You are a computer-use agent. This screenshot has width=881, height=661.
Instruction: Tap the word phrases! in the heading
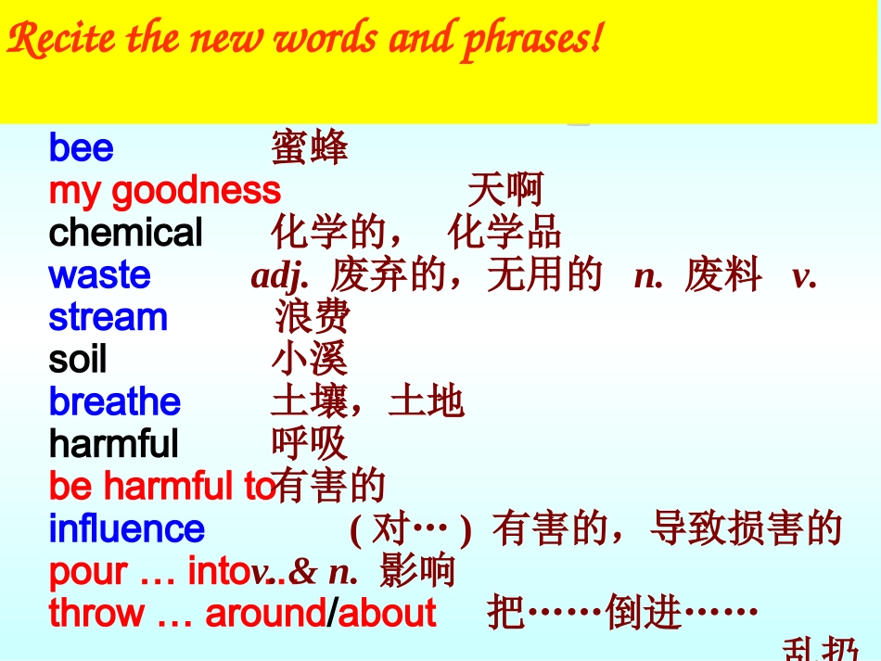(532, 40)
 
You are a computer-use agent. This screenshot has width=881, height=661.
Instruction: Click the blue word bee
(82, 148)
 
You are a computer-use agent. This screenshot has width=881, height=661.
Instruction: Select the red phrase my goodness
(164, 190)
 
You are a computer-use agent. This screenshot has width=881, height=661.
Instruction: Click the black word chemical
(125, 233)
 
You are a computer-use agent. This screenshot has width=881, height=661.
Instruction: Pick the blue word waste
(99, 275)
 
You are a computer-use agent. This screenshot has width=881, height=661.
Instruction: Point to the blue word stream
(108, 318)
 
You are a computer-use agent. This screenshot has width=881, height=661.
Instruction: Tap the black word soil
(78, 360)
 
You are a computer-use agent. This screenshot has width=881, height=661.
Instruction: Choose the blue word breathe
(114, 402)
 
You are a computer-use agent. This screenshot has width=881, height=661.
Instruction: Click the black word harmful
(113, 444)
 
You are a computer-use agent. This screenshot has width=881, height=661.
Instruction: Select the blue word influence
(126, 529)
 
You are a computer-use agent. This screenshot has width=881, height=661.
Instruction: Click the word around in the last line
(265, 614)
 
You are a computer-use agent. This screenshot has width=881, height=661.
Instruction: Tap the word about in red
(388, 614)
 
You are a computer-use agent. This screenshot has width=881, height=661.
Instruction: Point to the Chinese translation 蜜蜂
(310, 148)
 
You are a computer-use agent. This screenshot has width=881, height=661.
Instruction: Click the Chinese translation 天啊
(504, 191)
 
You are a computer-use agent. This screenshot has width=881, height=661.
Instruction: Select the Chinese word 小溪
(310, 360)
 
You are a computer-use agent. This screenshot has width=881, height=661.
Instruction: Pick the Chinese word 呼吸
(310, 445)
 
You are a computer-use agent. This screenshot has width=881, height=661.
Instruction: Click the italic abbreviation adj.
(279, 276)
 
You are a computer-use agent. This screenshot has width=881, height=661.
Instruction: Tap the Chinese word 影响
(417, 572)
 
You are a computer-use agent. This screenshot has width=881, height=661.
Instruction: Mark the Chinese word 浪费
(313, 318)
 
